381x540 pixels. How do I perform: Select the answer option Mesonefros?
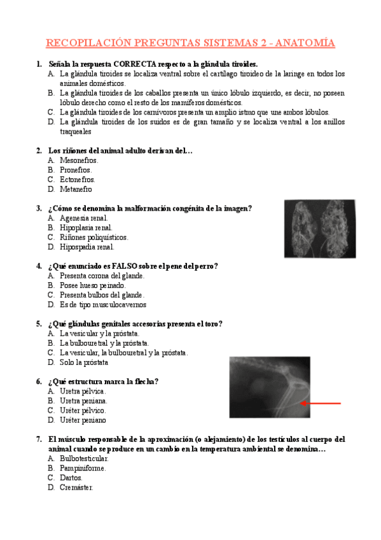pyautogui.click(x=79, y=160)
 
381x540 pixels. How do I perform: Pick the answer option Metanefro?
pyautogui.click(x=76, y=189)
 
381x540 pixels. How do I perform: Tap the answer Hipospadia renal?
pyautogui.click(x=87, y=247)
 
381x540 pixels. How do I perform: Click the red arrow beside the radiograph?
pyautogui.click(x=321, y=403)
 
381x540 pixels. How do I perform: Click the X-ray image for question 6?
pyautogui.click(x=261, y=387)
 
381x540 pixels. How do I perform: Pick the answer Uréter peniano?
pyautogui.click(x=83, y=420)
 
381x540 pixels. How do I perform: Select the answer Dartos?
pyautogui.click(x=71, y=478)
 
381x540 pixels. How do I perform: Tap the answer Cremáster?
pyautogui.click(x=76, y=488)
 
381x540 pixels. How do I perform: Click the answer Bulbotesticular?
pyautogui.click(x=84, y=458)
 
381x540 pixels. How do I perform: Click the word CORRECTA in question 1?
pyautogui.click(x=142, y=64)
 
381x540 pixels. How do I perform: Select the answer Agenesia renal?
pyautogui.click(x=83, y=218)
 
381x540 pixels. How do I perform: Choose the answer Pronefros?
pyautogui.click(x=76, y=170)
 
